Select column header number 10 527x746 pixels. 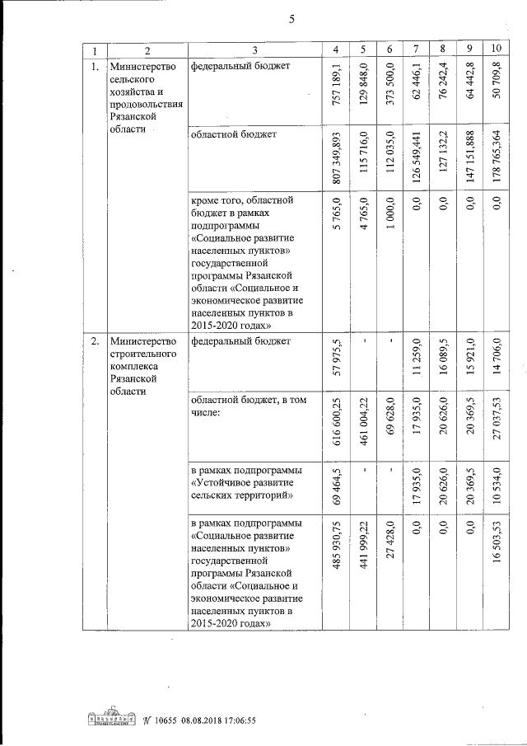pyautogui.click(x=496, y=49)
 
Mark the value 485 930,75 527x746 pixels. pyautogui.click(x=333, y=548)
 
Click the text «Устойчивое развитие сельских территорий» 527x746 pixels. pyautogui.click(x=245, y=483)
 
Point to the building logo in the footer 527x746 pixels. pyautogui.click(x=111, y=718)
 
